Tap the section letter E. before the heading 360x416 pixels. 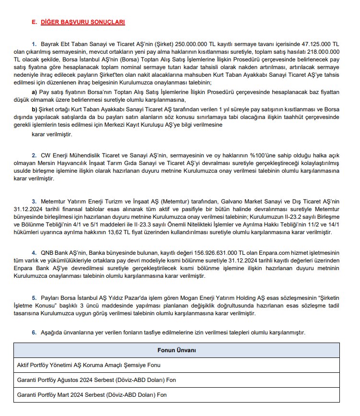coord(34,22)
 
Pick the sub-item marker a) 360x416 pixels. coord(35,92)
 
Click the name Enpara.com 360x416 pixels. coord(268,253)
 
